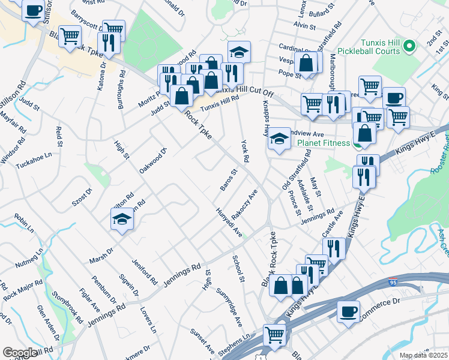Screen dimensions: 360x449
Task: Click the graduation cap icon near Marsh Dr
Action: pos(122,218)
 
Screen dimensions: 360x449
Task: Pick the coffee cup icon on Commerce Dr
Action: pos(348,312)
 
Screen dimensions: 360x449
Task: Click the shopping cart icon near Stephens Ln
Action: pos(275,334)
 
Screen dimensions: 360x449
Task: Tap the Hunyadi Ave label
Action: pos(229,221)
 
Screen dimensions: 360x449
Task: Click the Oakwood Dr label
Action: pos(152,158)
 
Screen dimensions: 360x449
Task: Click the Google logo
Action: pos(19,353)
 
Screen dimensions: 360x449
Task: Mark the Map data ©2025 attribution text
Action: pos(423,355)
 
